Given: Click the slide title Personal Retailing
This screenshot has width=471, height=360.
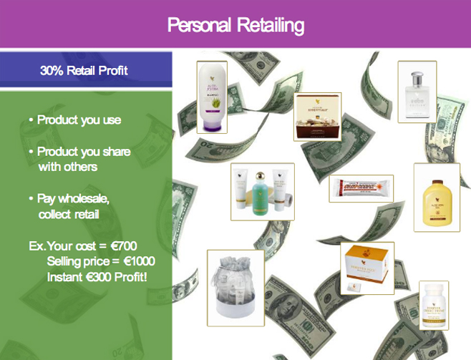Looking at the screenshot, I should pyautogui.click(x=235, y=26).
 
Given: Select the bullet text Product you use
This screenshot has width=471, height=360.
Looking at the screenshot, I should pyautogui.click(x=79, y=120).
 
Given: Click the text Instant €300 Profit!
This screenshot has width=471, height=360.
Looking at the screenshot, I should pyautogui.click(x=97, y=276).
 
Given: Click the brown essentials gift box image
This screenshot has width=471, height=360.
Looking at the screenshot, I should pyautogui.click(x=318, y=116).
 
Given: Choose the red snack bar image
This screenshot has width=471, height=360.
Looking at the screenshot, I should pyautogui.click(x=362, y=189).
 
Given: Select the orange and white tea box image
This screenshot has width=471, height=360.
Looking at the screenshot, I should pyautogui.click(x=366, y=268).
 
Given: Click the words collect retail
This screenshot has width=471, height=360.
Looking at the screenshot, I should pyautogui.click(x=69, y=214).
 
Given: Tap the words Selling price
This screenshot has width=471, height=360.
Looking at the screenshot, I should pyautogui.click(x=79, y=261).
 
